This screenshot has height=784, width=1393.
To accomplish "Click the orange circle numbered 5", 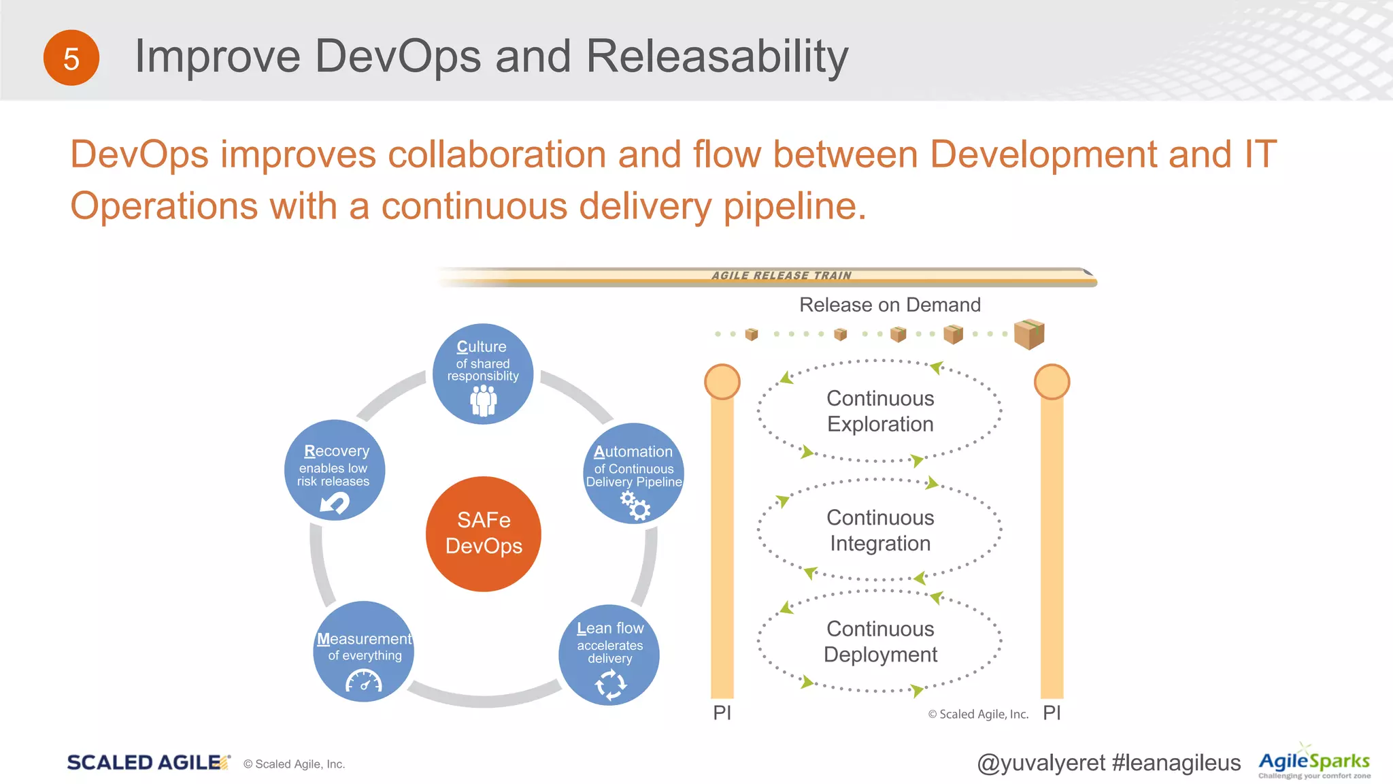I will pos(71,58).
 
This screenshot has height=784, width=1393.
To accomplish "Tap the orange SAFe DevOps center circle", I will pos(484,534).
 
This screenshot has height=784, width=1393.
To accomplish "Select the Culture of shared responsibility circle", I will pos(483,374).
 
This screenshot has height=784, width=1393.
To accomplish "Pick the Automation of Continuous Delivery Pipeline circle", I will pos(634,473).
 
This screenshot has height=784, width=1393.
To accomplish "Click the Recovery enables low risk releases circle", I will pos(335,470).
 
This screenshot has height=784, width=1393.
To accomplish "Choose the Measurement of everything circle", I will pos(364,651).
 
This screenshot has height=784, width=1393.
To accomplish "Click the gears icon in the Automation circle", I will pos(636,506).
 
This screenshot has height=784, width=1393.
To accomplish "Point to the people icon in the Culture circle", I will pos(484,400).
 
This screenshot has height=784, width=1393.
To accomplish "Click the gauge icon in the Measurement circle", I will pos(364,681).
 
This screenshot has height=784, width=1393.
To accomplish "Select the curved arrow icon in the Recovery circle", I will pos(335,503).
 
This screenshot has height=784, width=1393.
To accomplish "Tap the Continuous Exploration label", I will pos(880,411).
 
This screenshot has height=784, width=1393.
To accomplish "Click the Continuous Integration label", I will pos(880,530).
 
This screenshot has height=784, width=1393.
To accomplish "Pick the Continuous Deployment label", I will pos(880,641).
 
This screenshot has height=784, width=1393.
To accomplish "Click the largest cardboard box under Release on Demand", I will pos(1028,333).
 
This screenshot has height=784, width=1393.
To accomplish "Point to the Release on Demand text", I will pos(890,305).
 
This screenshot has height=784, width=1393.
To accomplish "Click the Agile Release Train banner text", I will pos(782,276).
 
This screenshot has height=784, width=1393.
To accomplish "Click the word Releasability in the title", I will pos(717,56).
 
